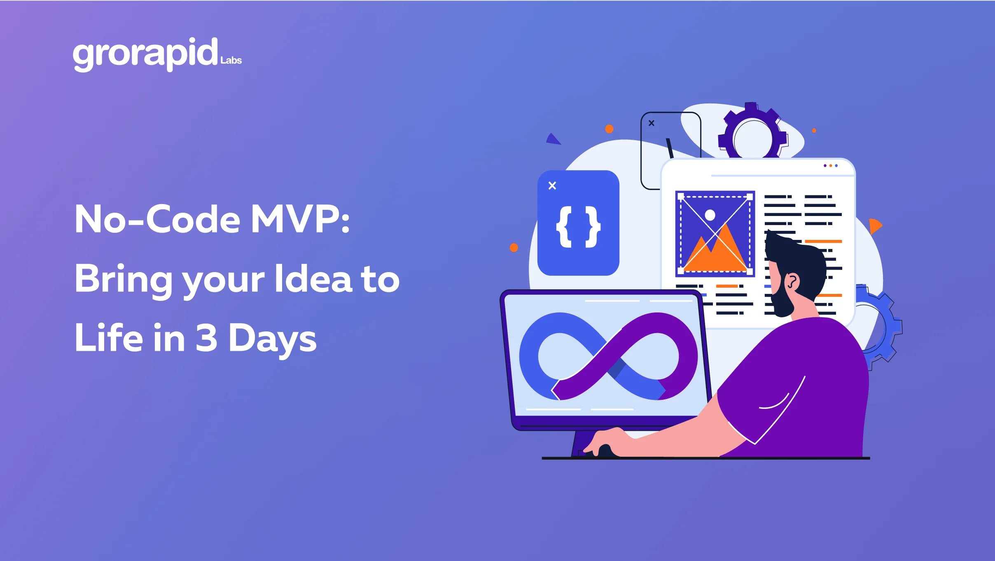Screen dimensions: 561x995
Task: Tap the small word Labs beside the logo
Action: coord(231,61)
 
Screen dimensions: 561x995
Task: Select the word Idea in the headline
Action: coord(313,279)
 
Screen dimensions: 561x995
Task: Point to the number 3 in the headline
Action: coord(206,338)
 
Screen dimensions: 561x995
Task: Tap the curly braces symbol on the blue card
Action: coord(578,227)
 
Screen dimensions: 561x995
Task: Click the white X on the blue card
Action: coord(552,186)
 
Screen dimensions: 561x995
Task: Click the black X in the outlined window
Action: coord(652,123)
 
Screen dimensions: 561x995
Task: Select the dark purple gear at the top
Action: coord(752,132)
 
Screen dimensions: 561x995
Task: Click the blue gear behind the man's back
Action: coord(885,326)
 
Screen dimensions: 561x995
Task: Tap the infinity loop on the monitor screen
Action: coord(608,357)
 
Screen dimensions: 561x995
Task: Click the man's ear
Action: coord(792,282)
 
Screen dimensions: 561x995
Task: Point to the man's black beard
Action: coord(781,303)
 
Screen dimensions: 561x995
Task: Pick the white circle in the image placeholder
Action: coord(710,215)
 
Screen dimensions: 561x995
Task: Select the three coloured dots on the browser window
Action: coord(831,166)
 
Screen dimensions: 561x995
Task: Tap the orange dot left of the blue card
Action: coord(514,248)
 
